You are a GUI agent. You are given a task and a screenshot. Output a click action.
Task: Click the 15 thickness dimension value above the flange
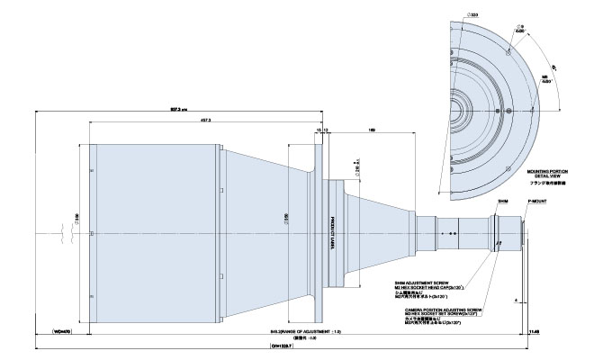coord(318,130)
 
